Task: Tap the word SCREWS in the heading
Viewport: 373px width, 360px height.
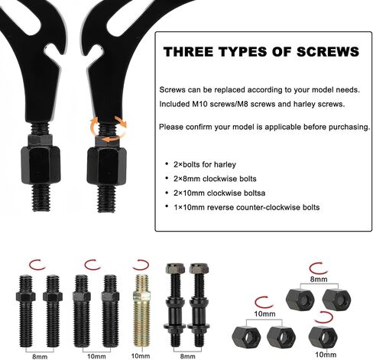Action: (327, 52)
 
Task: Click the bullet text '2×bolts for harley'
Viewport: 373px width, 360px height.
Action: (205, 164)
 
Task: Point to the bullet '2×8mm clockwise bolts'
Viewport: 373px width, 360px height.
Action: (215, 179)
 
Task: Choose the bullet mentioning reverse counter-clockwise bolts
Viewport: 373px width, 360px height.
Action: (247, 207)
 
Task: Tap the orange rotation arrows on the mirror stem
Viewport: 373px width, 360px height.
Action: (109, 128)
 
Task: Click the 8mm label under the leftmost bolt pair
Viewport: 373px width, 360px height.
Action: (40, 356)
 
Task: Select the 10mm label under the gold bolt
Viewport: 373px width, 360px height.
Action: (141, 356)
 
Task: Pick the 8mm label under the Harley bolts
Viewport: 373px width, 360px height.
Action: (188, 356)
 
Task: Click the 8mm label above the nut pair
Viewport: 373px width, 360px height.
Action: (319, 279)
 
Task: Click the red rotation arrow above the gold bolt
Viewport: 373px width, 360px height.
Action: (141, 265)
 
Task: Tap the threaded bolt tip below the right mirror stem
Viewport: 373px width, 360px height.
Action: (106, 198)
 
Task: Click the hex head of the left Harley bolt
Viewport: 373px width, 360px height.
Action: (173, 269)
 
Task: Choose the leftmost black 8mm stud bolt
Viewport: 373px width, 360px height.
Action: (26, 311)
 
